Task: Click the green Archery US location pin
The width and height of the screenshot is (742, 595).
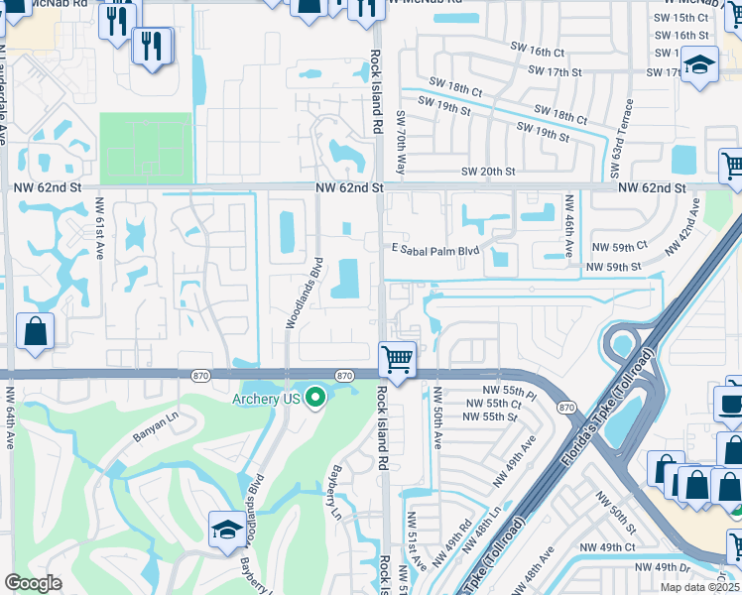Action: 315,399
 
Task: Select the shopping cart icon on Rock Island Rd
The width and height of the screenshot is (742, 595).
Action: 397,359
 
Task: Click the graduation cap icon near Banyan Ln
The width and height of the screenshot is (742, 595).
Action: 227,530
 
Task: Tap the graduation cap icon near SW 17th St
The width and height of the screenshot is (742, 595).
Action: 699,65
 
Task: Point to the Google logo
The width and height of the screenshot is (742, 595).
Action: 33,583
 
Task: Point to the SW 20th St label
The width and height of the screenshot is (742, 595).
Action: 488,172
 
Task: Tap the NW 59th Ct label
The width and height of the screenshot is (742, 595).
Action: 619,246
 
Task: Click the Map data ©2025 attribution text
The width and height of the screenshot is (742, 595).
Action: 698,587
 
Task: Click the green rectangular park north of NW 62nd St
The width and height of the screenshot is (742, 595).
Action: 146,148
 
